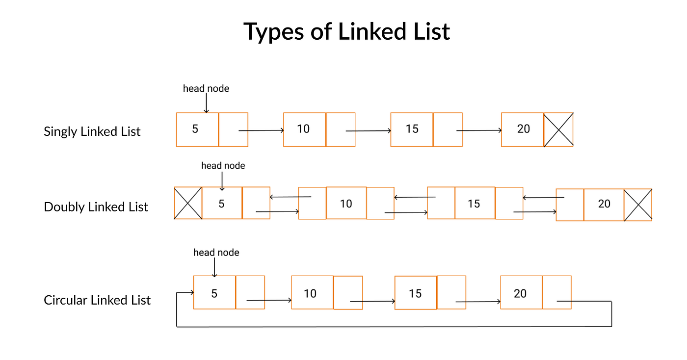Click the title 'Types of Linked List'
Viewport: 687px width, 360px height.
tap(346, 31)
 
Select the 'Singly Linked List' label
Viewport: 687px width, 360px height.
tap(92, 131)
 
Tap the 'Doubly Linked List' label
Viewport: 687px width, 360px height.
tap(96, 206)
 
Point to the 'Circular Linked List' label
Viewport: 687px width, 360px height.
tap(97, 300)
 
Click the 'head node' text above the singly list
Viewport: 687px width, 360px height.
tap(206, 88)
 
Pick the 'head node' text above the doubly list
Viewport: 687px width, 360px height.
tap(223, 166)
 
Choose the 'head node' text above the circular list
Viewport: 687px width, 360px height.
tap(216, 253)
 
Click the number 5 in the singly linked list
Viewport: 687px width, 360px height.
tap(195, 129)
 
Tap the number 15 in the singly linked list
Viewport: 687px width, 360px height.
tap(412, 129)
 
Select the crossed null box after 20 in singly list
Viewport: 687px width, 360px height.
tap(558, 129)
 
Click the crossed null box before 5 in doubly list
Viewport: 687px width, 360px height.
tap(188, 203)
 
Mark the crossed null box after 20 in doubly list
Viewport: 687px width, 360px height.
tap(638, 205)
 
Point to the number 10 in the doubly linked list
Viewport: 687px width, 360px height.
tap(346, 204)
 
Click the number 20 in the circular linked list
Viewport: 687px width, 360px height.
tap(520, 293)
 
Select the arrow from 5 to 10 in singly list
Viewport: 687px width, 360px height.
tap(261, 130)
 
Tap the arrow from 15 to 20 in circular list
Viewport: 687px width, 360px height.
tap(478, 302)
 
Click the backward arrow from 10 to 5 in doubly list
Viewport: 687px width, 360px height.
tap(291, 197)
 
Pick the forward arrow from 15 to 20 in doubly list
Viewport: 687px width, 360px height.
tap(535, 211)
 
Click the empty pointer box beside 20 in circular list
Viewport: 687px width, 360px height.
tap(557, 292)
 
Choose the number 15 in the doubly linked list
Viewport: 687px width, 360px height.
tap(474, 204)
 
